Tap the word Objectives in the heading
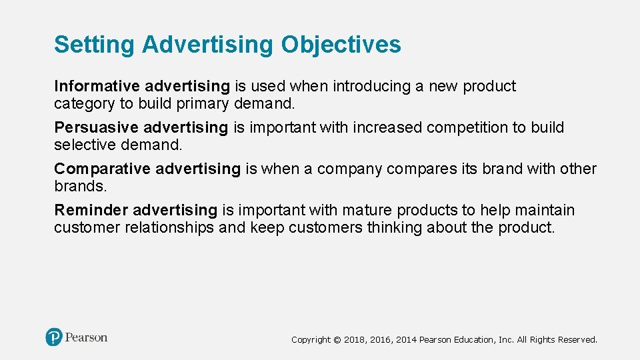coord(341,45)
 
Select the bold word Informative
coord(97,86)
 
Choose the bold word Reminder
coord(91,210)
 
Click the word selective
coord(85,145)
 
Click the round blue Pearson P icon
coord(54,337)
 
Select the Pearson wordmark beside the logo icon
coord(86,337)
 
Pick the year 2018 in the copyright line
coord(354,340)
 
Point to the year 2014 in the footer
coord(406,340)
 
